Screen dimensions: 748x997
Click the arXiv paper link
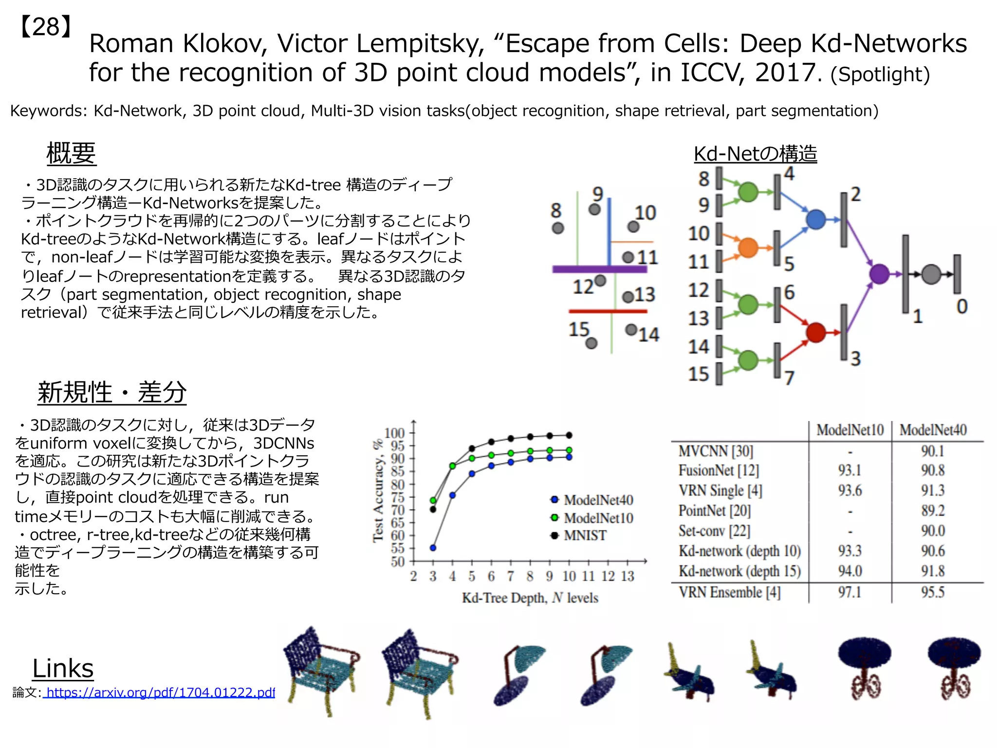click(160, 692)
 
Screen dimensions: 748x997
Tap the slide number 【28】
click(46, 27)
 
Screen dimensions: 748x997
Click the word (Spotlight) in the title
click(880, 75)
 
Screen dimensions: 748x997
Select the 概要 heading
click(71, 153)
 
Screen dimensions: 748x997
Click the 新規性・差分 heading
click(112, 393)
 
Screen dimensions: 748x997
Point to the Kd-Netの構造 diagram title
click(755, 154)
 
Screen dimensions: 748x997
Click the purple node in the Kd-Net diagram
click(879, 274)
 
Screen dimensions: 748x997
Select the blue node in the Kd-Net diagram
click(816, 219)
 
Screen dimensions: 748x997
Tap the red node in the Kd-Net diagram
click(816, 333)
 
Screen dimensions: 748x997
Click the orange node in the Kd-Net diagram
click(748, 247)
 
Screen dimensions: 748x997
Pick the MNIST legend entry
click(579, 536)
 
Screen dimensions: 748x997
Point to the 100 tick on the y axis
click(394, 433)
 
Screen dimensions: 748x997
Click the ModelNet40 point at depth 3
click(433, 548)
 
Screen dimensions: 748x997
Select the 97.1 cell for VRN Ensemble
click(849, 593)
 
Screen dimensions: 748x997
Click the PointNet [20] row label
click(715, 511)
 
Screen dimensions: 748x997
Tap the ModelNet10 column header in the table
click(850, 430)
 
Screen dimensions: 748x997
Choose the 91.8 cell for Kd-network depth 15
click(932, 571)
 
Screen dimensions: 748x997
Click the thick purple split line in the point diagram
click(599, 269)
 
